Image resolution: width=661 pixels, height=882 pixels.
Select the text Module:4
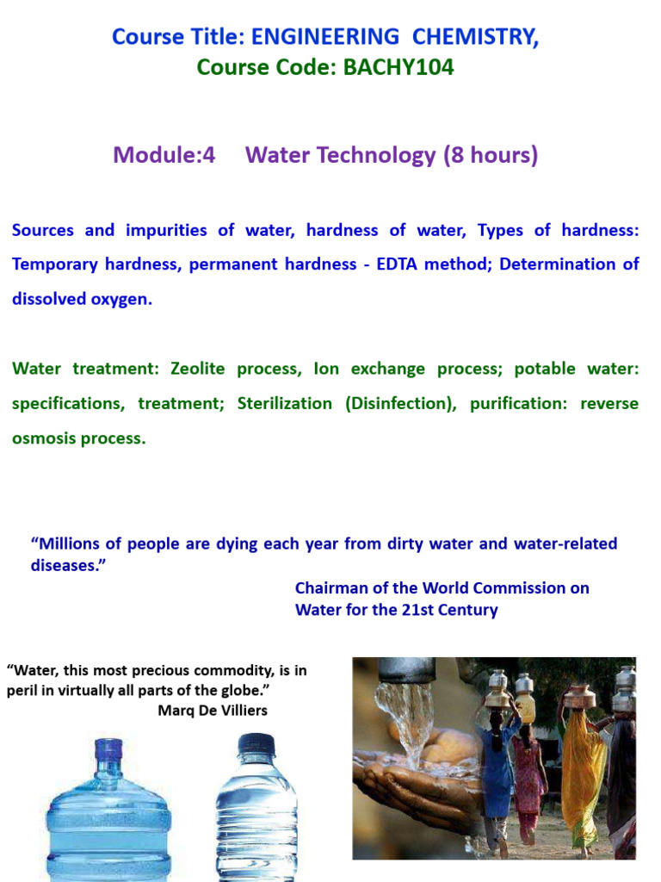(x=164, y=155)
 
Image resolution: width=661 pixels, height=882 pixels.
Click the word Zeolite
(x=205, y=369)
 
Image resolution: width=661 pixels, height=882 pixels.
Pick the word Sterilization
(x=284, y=403)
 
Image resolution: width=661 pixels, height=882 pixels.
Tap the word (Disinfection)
(x=401, y=403)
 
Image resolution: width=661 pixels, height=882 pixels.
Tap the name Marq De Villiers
(x=213, y=711)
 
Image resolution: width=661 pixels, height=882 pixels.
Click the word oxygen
(x=120, y=299)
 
